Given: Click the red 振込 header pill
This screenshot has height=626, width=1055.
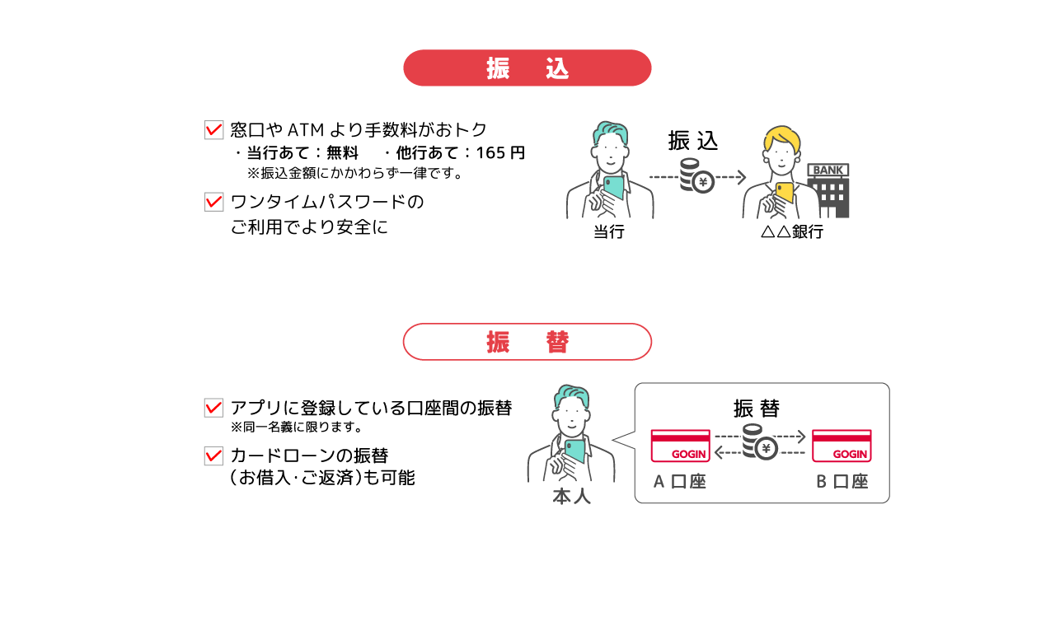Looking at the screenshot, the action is tap(527, 68).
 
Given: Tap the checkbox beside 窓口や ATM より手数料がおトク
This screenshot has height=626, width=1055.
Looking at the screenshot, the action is tap(213, 129).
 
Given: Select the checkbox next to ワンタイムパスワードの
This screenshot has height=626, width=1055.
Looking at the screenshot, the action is tap(213, 202).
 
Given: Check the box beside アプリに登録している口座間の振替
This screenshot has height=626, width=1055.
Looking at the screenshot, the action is tap(213, 408).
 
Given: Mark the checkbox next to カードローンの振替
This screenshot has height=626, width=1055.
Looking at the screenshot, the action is tap(213, 455).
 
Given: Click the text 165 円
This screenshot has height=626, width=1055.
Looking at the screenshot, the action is tap(500, 152).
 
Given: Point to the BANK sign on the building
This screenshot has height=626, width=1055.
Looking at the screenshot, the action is tap(828, 170).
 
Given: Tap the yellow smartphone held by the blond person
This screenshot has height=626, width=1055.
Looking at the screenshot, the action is tap(785, 193).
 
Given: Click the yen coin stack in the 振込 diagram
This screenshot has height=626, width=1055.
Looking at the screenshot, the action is tap(697, 176).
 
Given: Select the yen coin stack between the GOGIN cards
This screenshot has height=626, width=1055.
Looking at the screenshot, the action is tap(759, 442).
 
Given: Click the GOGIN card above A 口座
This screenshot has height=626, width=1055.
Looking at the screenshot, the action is tap(681, 446).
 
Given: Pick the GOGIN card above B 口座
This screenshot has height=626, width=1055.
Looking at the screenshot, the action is tap(842, 446).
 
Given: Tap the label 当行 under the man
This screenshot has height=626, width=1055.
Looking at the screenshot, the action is tap(609, 231).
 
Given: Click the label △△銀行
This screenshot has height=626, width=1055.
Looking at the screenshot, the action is tap(792, 231).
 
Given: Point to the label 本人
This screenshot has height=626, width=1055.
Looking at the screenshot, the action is tap(571, 497).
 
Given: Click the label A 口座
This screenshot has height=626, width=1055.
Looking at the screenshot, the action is tap(680, 482).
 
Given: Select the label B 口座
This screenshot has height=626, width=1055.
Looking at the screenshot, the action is tap(842, 482).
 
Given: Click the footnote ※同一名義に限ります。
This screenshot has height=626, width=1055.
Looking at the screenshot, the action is tap(297, 427).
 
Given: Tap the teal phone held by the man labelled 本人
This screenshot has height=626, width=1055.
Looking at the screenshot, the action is tap(574, 451).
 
